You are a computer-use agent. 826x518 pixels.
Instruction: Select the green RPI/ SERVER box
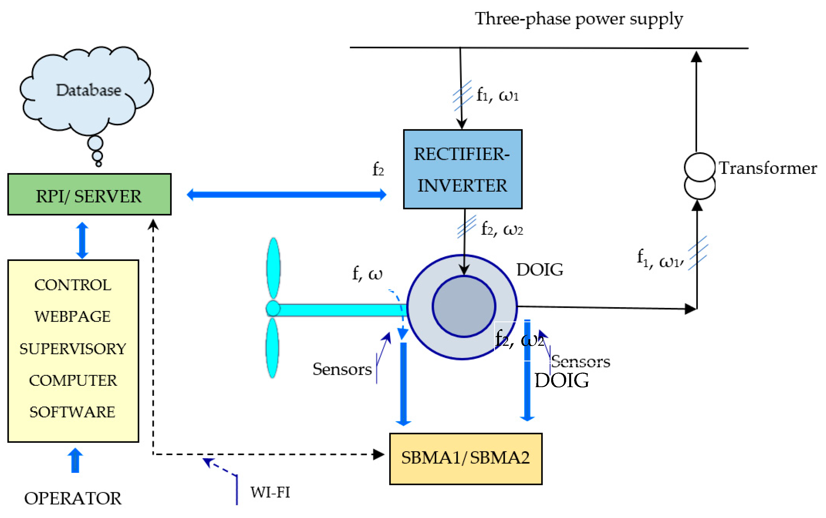89,194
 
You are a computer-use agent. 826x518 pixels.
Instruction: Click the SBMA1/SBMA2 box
465,458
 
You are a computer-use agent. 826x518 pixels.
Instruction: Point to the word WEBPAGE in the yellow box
73,316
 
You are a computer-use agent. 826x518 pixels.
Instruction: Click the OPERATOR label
73,498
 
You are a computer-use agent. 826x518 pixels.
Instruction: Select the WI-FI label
270,492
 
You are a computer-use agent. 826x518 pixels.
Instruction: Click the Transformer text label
767,168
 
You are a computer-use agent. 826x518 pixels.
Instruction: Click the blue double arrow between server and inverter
286,195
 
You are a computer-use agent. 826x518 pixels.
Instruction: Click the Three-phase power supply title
579,19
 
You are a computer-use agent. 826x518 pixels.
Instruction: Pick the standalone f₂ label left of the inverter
378,169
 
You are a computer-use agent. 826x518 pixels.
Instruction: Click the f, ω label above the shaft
367,274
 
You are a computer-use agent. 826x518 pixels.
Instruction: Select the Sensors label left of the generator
342,369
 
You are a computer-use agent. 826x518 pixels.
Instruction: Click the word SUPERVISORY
73,349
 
